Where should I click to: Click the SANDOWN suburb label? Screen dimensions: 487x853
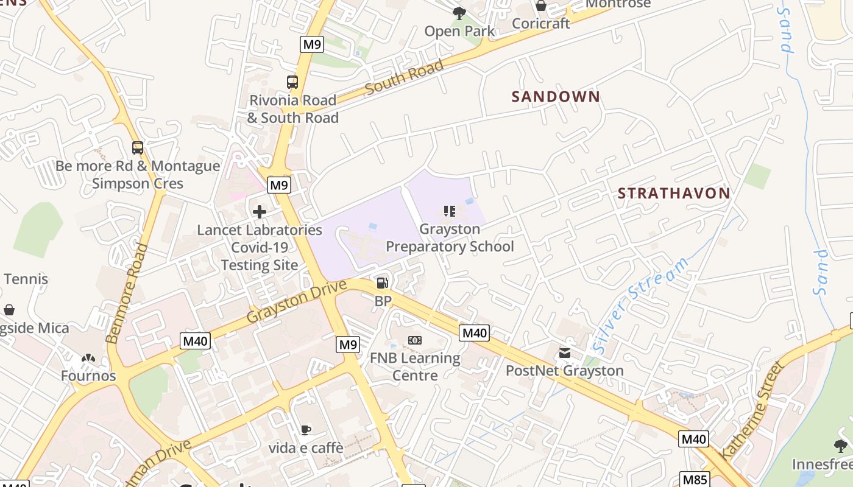pyautogui.click(x=556, y=97)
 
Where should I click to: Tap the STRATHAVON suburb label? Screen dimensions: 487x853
pyautogui.click(x=674, y=194)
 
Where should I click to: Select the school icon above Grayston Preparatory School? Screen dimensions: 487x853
pyautogui.click(x=450, y=211)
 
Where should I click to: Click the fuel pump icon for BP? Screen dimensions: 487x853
pyautogui.click(x=383, y=282)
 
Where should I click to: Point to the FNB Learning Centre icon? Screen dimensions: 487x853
pyautogui.click(x=415, y=340)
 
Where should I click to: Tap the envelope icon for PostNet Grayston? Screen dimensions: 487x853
pyautogui.click(x=565, y=353)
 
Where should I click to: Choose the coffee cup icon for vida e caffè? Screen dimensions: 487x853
pyautogui.click(x=306, y=430)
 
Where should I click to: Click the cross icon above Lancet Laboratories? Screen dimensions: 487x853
pyautogui.click(x=260, y=212)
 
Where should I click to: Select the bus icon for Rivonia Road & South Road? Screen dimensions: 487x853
pyautogui.click(x=292, y=82)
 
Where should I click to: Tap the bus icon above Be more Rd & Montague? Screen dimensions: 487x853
pyautogui.click(x=138, y=147)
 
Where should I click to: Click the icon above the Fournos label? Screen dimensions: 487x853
pyautogui.click(x=88, y=359)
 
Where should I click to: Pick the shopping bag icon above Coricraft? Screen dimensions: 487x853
pyautogui.click(x=540, y=6)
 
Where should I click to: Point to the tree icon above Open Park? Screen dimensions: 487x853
pyautogui.click(x=459, y=13)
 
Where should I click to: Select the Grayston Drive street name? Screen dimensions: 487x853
pyautogui.click(x=296, y=301)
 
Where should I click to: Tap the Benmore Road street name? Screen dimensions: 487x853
pyautogui.click(x=127, y=293)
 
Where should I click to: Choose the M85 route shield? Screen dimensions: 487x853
pyautogui.click(x=695, y=479)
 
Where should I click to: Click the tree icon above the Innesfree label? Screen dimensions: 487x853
pyautogui.click(x=841, y=446)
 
